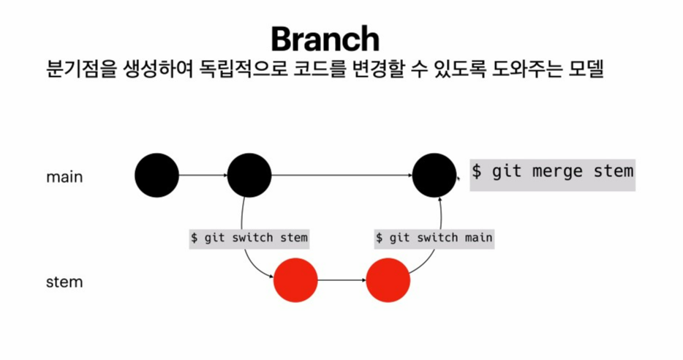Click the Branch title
pos(325,39)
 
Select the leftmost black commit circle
pos(156,176)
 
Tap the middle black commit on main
pos(249,176)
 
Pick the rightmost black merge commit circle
pos(434,176)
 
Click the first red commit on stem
pos(295,280)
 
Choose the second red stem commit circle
pos(388,280)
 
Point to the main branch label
pos(64,177)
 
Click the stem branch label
pos(64,281)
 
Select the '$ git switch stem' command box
pos(249,238)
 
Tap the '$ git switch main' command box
pos(434,238)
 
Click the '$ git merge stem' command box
pos(552,172)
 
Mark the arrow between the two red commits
pos(341,280)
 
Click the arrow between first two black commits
pos(203,176)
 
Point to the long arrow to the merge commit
pos(341,176)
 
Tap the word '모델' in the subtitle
pos(584,71)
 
